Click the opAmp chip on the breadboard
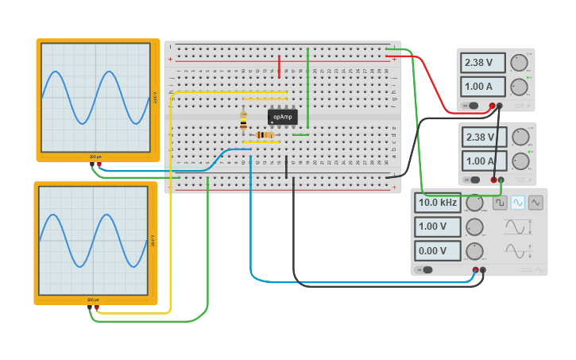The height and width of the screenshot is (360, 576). tap(282, 117)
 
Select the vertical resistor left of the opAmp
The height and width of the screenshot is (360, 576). tap(243, 120)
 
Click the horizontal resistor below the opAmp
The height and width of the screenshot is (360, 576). tap(265, 135)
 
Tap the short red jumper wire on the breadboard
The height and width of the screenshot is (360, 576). tap(279, 66)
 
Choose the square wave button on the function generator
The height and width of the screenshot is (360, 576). tap(500, 203)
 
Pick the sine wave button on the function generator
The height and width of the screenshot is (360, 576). tap(518, 203)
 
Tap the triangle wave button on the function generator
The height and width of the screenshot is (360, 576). tap(536, 203)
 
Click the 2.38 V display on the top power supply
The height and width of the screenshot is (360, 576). tap(483, 62)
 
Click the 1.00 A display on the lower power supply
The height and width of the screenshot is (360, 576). tap(484, 161)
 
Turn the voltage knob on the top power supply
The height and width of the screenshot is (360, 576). tap(520, 63)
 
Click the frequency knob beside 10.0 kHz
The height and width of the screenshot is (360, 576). tap(474, 203)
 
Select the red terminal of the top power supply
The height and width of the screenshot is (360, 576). tap(493, 106)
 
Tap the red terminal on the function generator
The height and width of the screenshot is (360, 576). tap(476, 270)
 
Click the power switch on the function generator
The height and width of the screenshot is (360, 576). tap(427, 269)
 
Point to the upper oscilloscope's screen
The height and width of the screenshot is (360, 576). tap(95, 97)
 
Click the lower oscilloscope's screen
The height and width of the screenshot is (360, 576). tap(93, 241)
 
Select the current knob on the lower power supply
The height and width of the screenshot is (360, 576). tap(520, 161)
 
